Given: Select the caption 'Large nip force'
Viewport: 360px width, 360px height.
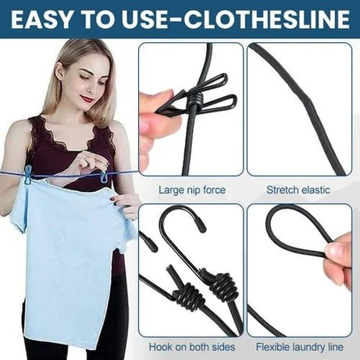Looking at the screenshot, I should (191, 189).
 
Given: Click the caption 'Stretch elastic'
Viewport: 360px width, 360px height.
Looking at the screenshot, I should (297, 189).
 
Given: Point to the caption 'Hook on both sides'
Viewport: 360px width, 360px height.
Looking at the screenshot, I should (191, 345).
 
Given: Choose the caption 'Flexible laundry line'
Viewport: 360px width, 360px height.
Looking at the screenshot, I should (298, 345).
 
